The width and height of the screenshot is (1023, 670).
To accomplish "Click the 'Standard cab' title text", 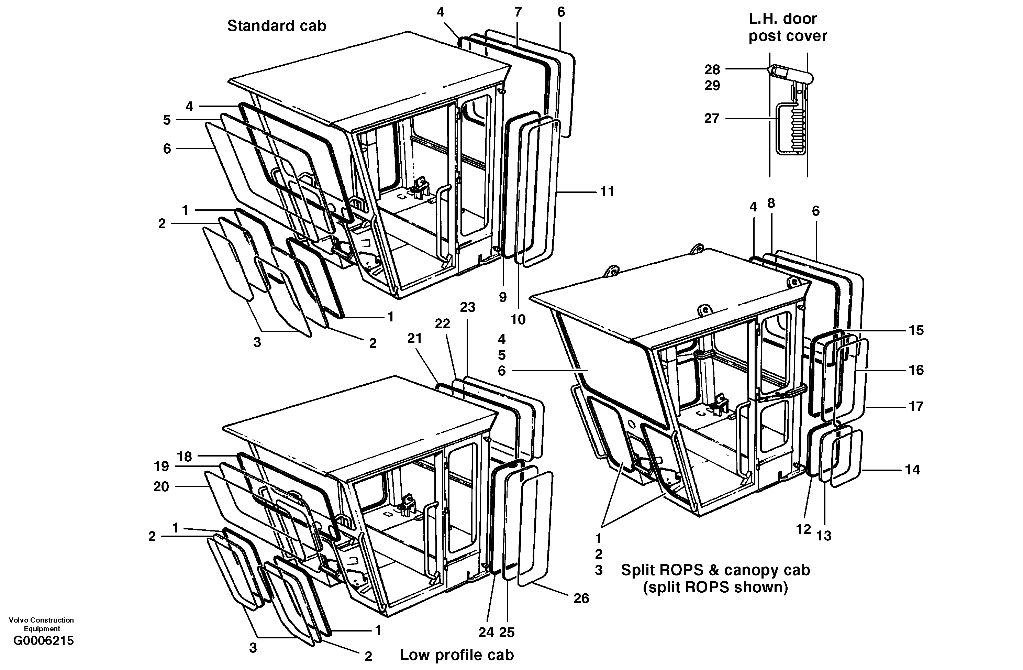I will [276, 26].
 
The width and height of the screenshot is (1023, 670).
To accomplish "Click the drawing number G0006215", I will [43, 641].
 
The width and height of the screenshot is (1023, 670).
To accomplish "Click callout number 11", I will [607, 192].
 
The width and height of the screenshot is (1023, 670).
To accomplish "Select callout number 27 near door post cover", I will [711, 118].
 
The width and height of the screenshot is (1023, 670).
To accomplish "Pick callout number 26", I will [581, 598].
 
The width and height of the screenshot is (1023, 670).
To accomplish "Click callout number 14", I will [912, 470].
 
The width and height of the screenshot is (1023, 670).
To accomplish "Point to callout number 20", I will [161, 486].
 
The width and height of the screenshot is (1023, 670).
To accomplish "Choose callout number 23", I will [468, 307].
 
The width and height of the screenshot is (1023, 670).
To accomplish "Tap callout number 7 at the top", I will [518, 12].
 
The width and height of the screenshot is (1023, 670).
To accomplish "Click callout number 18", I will [185, 457].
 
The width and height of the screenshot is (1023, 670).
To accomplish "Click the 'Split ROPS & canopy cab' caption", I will [715, 570].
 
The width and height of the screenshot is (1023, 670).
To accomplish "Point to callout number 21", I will [414, 339].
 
